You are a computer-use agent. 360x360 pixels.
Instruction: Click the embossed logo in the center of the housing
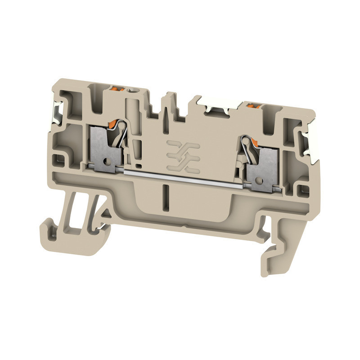[182, 155]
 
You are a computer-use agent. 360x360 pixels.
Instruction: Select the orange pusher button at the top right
[251, 107]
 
